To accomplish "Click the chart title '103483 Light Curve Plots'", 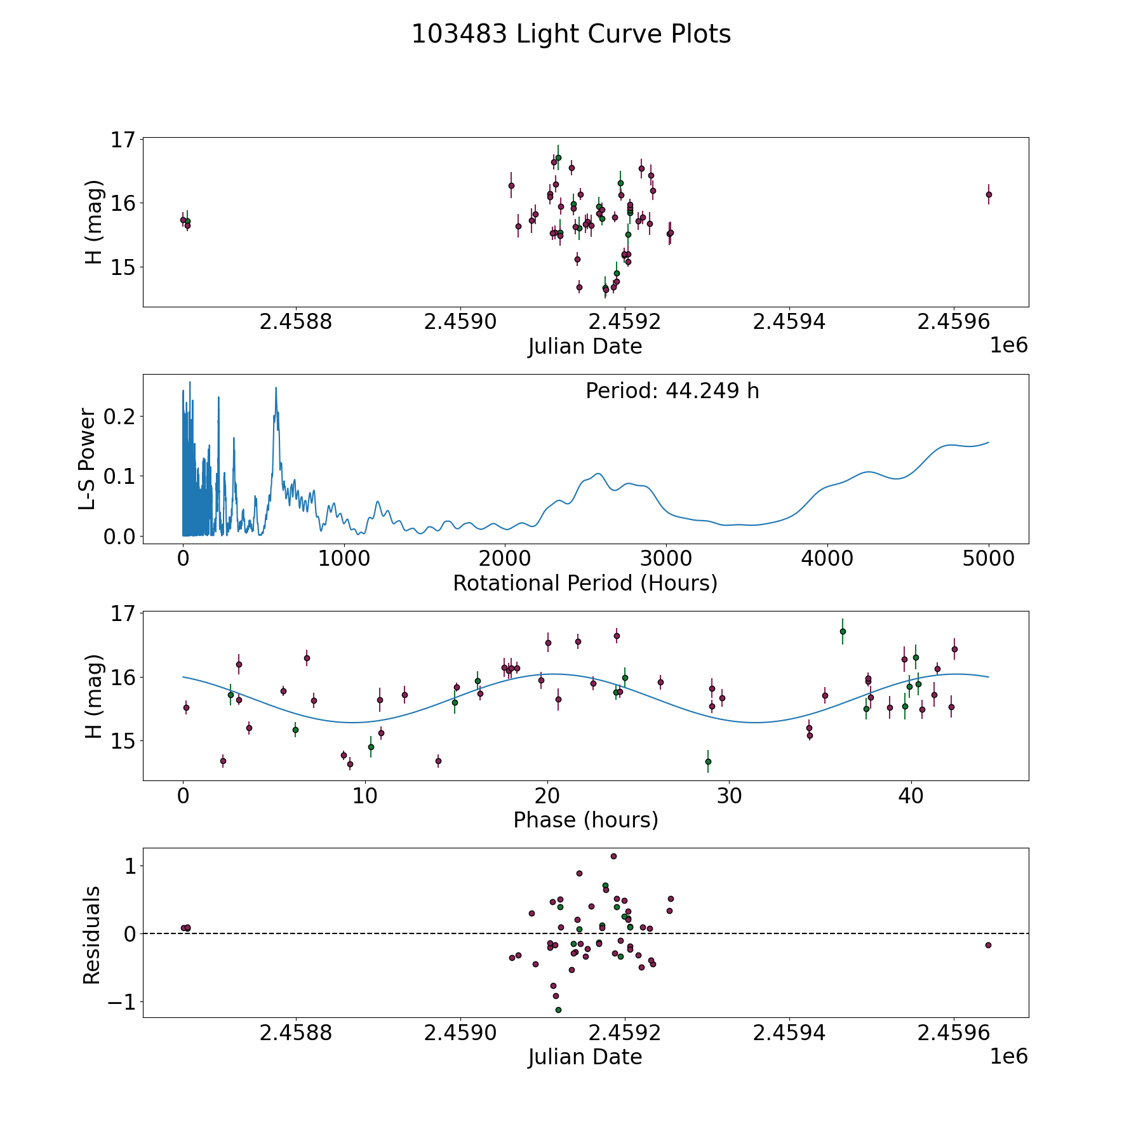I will tap(571, 34).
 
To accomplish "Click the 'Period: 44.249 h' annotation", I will tap(672, 391).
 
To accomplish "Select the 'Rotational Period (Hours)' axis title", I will tap(585, 583).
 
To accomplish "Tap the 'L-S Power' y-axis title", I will tap(88, 459).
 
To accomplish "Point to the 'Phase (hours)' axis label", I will tap(585, 820).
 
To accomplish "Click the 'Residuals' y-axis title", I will tap(92, 935).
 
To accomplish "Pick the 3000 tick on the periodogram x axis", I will tap(665, 559).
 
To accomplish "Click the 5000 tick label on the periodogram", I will tap(988, 559).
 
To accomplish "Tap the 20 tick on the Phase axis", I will tap(547, 796).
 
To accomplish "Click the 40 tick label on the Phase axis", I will tap(911, 796).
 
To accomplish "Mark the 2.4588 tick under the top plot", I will tap(296, 322).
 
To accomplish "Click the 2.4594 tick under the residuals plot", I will tap(789, 1033).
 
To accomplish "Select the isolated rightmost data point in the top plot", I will tap(989, 194).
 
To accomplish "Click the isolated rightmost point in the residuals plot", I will tap(988, 945).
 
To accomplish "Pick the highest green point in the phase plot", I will tap(843, 631).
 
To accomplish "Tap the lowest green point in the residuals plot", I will tap(558, 1010).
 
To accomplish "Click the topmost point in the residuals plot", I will tap(613, 856).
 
